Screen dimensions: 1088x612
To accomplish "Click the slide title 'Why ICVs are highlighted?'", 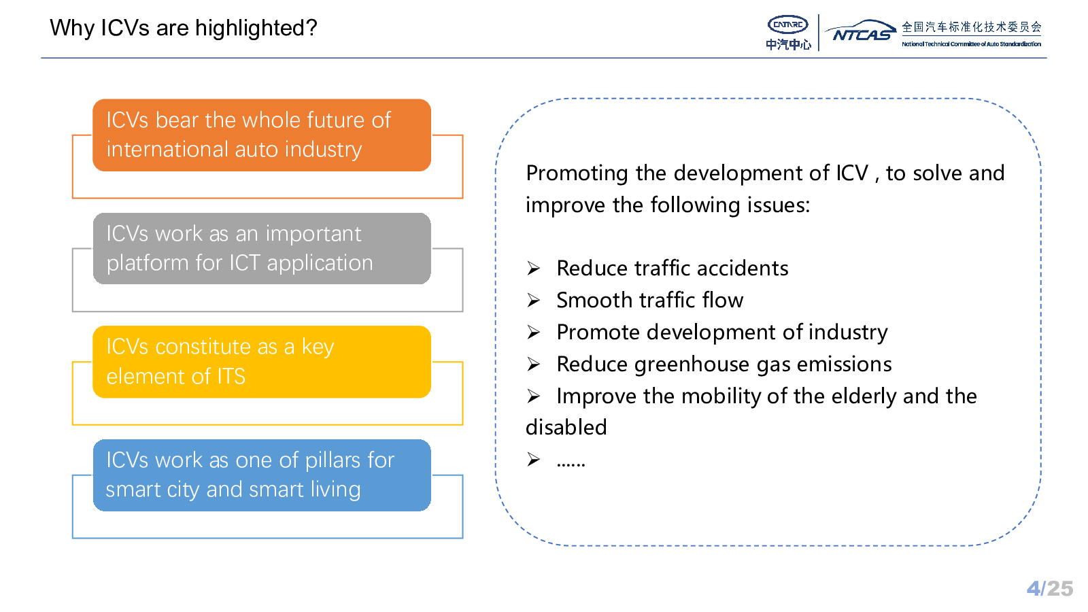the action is (x=183, y=28).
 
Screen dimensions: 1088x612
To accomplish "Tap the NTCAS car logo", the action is (x=860, y=31).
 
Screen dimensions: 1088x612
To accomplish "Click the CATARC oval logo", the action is (x=787, y=24).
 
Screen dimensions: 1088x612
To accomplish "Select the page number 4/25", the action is (x=1050, y=589).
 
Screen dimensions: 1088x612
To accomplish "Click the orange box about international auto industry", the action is (x=262, y=135).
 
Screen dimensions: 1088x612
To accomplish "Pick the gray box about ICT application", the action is (x=262, y=249).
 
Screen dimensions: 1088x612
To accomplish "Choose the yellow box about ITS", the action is (x=262, y=362).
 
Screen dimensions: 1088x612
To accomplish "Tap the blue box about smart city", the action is (x=262, y=475).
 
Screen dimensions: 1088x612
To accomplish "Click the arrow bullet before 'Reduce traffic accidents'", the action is (x=533, y=269).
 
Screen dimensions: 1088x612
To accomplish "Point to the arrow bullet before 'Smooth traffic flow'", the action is (x=533, y=301).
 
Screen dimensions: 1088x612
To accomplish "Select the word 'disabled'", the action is (x=566, y=428).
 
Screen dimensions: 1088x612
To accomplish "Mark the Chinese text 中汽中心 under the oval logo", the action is (x=788, y=45).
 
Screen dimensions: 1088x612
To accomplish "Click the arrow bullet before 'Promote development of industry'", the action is (x=533, y=333).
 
